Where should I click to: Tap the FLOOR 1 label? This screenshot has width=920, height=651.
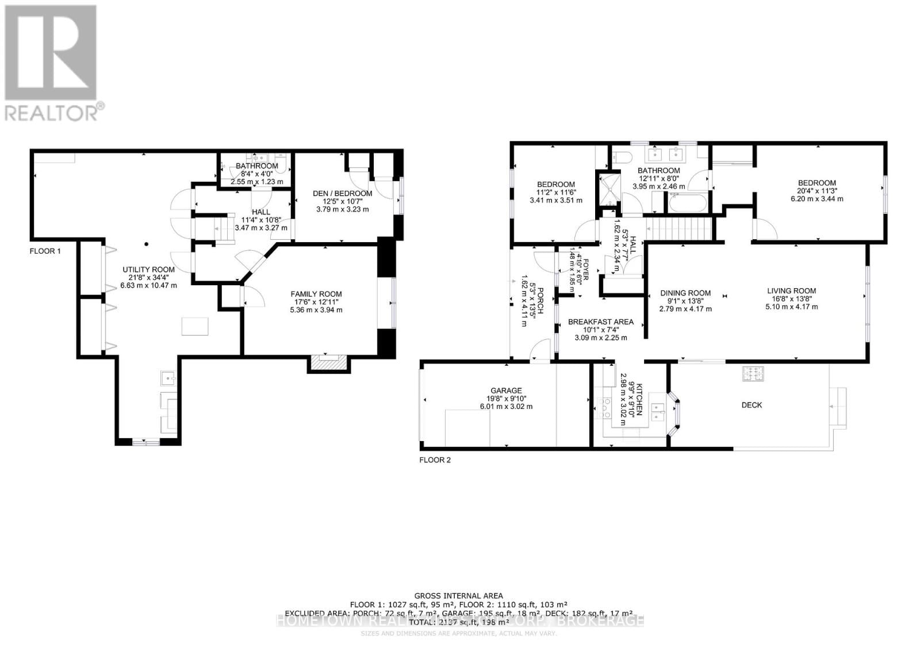tap(45, 251)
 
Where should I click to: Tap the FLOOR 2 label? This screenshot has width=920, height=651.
tap(435, 459)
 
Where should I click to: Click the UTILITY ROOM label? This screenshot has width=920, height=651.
tap(148, 269)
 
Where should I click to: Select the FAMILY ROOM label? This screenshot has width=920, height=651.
tap(316, 294)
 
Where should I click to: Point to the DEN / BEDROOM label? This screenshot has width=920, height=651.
tap(342, 193)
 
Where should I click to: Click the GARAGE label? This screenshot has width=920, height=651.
tap(506, 390)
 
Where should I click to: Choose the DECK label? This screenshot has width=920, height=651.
tap(751, 405)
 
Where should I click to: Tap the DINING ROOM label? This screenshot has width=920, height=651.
tap(685, 293)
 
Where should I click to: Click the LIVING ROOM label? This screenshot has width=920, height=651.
tap(791, 290)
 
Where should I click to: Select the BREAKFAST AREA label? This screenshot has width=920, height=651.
tap(600, 321)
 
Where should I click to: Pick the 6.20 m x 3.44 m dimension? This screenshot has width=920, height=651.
tap(816, 199)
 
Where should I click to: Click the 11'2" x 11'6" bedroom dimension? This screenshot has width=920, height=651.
tap(555, 193)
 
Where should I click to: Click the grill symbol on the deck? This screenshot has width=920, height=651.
tap(752, 374)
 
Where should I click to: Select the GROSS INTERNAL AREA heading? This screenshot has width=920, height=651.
tap(458, 596)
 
